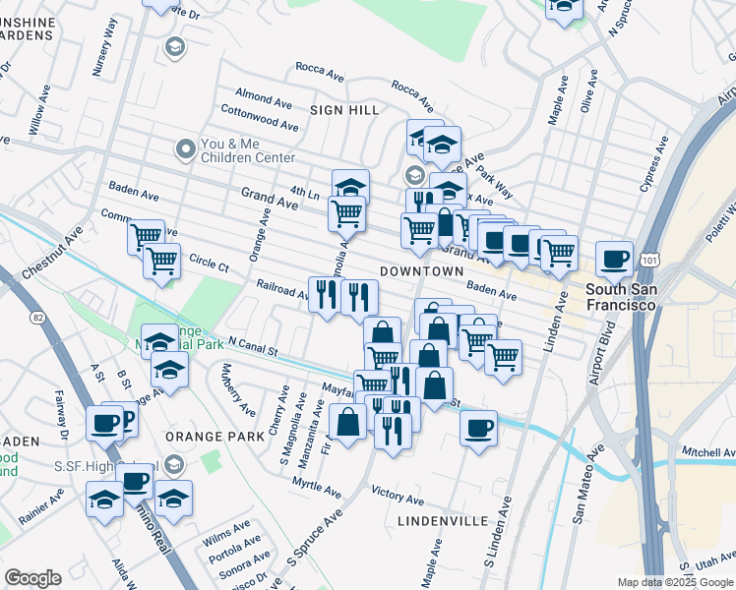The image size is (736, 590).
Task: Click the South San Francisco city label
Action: (x=620, y=297)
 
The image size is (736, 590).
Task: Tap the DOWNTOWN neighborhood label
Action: (x=420, y=270)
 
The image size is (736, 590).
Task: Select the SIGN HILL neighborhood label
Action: (x=344, y=111)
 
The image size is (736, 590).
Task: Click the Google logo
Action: (x=32, y=578)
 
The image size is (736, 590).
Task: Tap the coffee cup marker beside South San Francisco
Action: (x=615, y=259)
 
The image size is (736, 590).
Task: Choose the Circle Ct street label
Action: (x=209, y=265)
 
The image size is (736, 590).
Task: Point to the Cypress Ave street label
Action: (x=654, y=162)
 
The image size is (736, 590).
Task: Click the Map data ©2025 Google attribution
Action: (x=675, y=582)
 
